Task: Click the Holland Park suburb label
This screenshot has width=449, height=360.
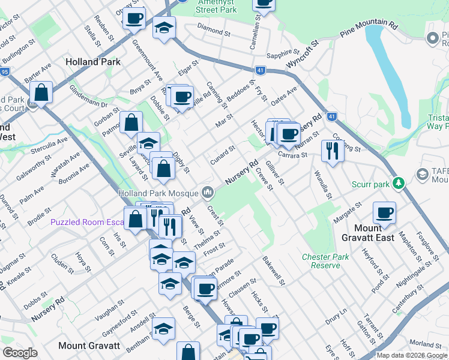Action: tap(93, 62)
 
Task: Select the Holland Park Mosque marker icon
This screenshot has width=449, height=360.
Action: tap(208, 193)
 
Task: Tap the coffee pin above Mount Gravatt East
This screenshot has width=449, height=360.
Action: tap(384, 212)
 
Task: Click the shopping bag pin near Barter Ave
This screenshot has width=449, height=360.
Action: tap(41, 92)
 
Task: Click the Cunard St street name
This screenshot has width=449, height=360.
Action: tap(222, 156)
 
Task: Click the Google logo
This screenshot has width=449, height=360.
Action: tap(20, 353)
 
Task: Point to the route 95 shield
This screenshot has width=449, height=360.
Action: tap(5, 72)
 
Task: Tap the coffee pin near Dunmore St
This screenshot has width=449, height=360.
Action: tap(205, 288)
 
